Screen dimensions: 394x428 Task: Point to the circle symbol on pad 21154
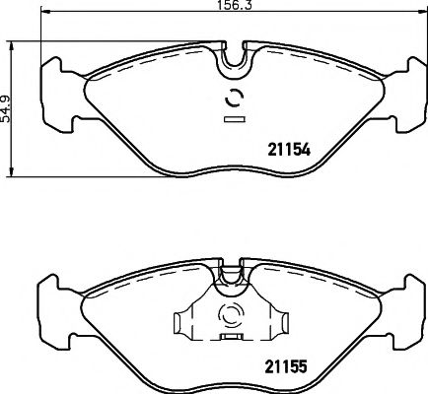235,98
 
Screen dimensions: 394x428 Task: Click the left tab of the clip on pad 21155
181,322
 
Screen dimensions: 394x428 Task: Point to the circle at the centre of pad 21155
235,315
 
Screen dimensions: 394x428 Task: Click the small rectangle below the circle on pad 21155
235,337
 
